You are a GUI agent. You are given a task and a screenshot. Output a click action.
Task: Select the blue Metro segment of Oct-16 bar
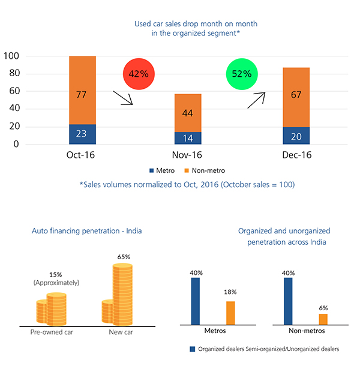point(83,134)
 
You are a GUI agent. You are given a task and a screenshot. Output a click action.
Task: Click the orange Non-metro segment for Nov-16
point(188,113)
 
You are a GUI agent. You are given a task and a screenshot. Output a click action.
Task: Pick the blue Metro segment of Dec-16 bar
point(296,136)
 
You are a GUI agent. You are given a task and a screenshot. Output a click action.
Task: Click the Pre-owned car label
point(52,332)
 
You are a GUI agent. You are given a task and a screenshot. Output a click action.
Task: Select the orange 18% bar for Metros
point(230,313)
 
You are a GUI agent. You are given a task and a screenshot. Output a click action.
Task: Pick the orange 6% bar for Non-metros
point(323,319)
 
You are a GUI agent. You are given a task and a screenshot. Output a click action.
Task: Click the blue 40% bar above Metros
point(195,301)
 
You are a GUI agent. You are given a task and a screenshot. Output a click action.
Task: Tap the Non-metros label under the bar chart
point(306,331)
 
